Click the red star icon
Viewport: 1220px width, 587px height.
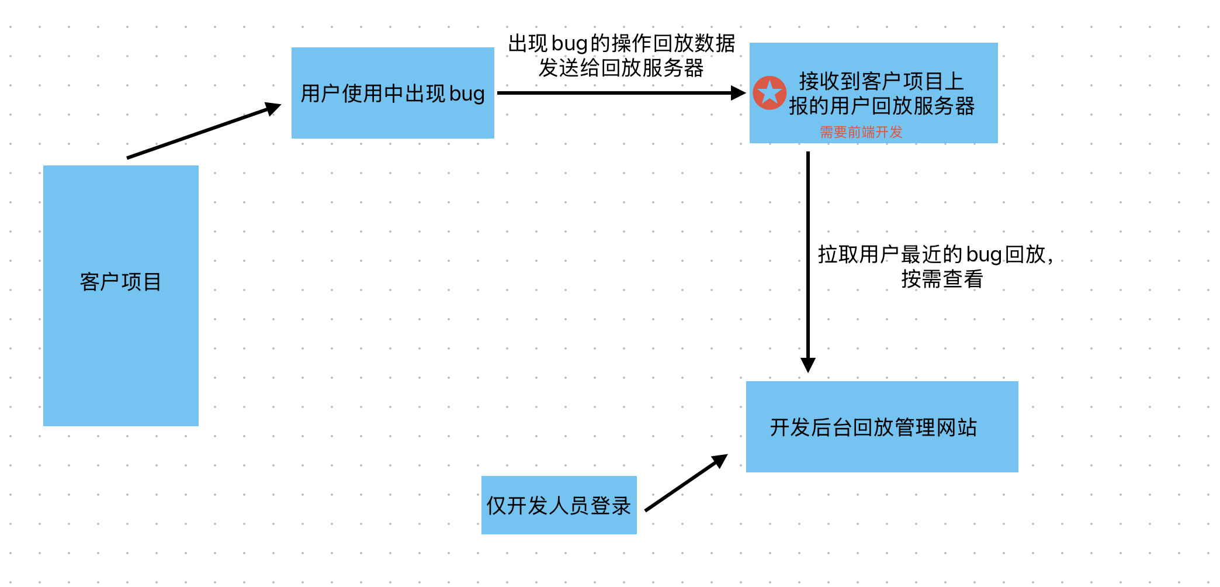click(770, 93)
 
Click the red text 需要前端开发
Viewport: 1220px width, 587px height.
click(861, 132)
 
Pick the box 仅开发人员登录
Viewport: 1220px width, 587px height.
click(559, 505)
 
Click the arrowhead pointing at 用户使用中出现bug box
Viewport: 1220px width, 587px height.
click(272, 108)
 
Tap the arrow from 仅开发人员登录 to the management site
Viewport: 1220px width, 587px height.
click(684, 484)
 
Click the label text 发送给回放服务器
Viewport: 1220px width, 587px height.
click(621, 68)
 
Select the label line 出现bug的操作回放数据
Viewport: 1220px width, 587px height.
click(621, 43)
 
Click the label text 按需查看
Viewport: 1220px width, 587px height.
click(942, 279)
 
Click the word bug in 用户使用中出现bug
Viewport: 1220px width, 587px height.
click(467, 94)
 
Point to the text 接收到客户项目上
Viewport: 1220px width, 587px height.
click(881, 81)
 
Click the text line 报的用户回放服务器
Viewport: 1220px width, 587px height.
click(881, 106)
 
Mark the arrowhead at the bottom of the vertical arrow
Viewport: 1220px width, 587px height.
click(808, 365)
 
